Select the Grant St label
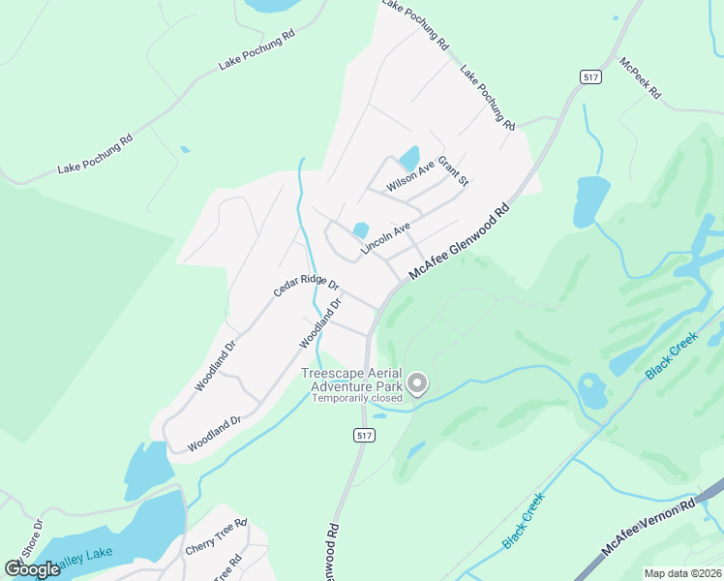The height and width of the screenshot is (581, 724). [x=453, y=171]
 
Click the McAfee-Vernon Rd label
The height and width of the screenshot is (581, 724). [x=649, y=527]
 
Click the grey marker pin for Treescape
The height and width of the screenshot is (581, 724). [x=417, y=384]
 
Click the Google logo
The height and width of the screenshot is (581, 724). [x=33, y=569]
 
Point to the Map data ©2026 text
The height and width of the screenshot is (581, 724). [x=682, y=573]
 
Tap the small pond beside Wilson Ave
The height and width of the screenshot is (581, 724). [x=409, y=158]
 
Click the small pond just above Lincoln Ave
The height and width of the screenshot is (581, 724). [x=360, y=230]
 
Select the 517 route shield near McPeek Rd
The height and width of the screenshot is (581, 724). [x=589, y=76]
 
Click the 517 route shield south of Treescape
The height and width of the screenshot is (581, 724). [x=363, y=436]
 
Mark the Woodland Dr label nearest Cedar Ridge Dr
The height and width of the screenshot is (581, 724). [x=321, y=323]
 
